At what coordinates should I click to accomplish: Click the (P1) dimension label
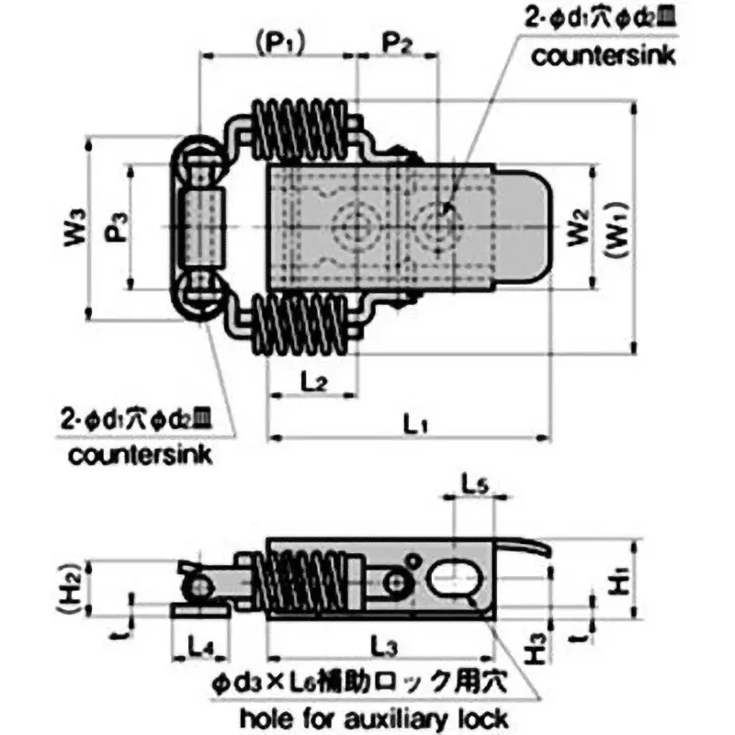[277, 41]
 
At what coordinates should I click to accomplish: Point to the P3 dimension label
[115, 227]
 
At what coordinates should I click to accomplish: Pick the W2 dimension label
[576, 227]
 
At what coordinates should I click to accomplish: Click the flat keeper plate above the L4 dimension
[197, 608]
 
